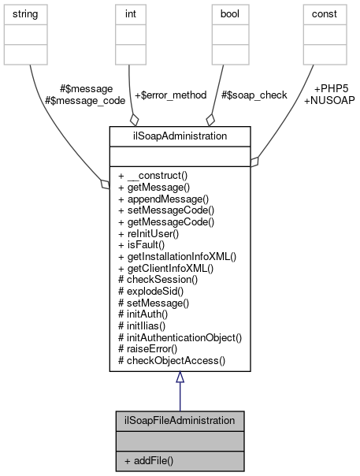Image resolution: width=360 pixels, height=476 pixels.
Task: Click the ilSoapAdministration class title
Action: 180,136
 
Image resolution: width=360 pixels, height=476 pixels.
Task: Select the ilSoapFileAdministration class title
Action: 180,420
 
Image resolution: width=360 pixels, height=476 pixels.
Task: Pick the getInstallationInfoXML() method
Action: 176,256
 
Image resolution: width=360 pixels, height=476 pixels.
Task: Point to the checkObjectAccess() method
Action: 171,361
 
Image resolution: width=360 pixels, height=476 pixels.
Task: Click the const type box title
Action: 325,13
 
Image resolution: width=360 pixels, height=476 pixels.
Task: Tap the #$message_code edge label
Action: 85,100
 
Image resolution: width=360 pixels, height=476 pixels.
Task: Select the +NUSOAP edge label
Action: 328,100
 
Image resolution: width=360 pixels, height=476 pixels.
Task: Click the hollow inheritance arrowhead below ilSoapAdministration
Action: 180,377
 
